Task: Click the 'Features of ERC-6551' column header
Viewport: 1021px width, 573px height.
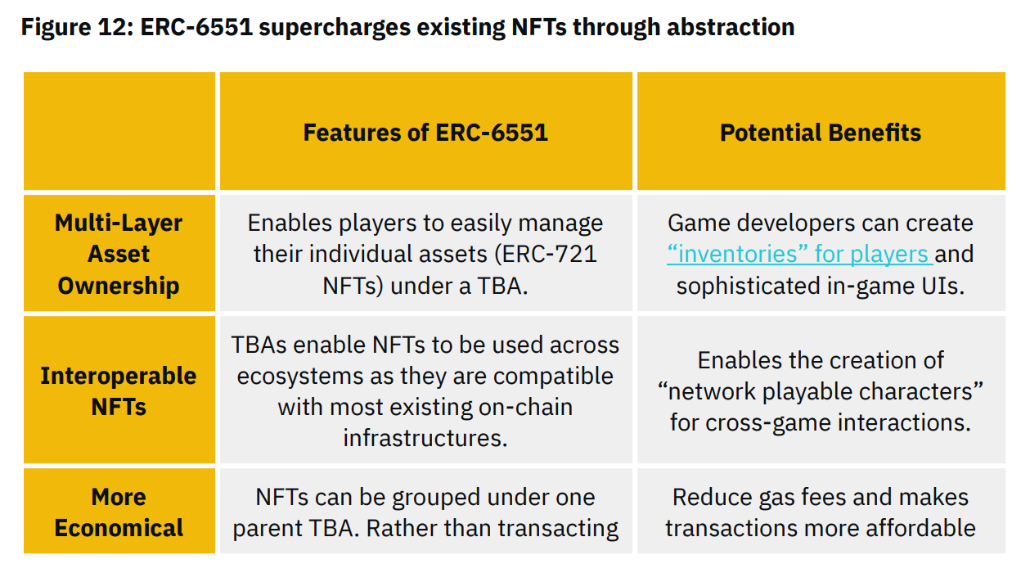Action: pos(425,133)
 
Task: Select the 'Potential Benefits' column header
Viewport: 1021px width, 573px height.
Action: pos(820,133)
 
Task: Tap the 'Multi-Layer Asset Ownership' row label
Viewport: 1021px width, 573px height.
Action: pos(119,254)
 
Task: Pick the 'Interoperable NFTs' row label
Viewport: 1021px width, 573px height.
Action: pos(119,391)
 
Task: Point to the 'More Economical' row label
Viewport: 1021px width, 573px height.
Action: pos(119,512)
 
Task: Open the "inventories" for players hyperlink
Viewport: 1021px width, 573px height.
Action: pos(800,254)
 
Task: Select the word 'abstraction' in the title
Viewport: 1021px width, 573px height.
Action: pos(731,27)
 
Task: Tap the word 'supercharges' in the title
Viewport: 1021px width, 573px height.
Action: pos(335,27)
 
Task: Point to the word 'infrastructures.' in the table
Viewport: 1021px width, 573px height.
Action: pos(425,439)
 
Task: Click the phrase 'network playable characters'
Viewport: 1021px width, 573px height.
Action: pos(821,392)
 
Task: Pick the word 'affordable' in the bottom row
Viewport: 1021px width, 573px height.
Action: pos(920,528)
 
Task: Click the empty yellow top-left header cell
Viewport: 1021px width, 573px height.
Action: pos(119,131)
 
